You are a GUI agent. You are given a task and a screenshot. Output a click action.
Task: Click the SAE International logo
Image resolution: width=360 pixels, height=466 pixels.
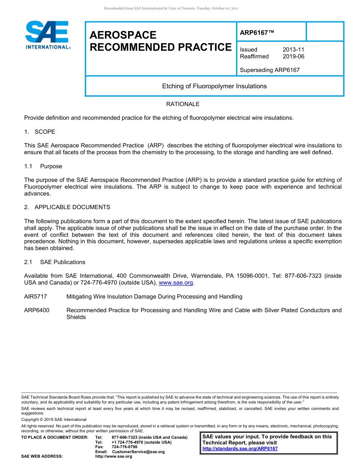[x=47, y=35]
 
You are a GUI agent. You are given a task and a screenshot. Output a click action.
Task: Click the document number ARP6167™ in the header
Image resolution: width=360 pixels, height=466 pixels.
[x=257, y=33]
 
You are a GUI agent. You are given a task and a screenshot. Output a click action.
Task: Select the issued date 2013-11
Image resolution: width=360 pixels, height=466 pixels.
[x=293, y=50]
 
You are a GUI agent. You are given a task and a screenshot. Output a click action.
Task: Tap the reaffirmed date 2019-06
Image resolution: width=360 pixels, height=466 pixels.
[x=293, y=56]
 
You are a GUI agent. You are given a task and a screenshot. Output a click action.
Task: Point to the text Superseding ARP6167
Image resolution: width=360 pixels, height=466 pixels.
[x=269, y=70]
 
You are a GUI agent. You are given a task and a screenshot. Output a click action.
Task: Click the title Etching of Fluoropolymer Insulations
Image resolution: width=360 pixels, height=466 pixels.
[x=214, y=86]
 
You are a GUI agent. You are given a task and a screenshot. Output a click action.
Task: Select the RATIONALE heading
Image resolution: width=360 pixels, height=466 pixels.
[x=183, y=104]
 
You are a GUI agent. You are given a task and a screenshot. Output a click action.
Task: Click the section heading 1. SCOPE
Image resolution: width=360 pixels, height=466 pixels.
[x=40, y=132]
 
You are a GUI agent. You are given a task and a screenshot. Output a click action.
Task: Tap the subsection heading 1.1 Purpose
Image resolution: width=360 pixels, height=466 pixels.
[x=43, y=166]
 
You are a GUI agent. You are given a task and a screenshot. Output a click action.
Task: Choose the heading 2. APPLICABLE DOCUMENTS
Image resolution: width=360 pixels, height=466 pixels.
[x=67, y=207]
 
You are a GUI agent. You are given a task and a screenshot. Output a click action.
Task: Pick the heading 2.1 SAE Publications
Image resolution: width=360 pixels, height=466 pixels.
[x=55, y=262]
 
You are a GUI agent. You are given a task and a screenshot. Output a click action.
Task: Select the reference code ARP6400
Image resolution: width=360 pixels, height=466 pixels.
[x=37, y=310]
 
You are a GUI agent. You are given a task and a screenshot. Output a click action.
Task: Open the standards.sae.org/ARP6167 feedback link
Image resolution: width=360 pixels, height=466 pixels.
[x=240, y=449]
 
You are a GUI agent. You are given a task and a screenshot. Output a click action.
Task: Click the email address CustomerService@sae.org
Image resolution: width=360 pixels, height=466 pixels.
[x=138, y=452]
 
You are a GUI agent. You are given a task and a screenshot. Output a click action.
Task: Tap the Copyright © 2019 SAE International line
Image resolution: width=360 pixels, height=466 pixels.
[x=54, y=419]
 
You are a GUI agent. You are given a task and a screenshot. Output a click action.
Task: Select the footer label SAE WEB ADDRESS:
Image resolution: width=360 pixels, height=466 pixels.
[x=42, y=457]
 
